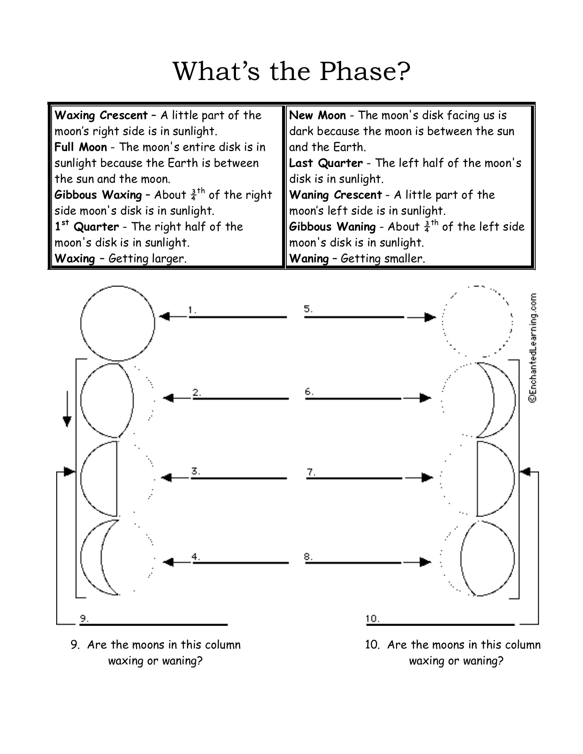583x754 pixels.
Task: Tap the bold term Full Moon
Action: point(80,147)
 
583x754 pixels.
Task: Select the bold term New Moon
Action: point(317,115)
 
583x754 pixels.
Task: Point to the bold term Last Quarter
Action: point(326,163)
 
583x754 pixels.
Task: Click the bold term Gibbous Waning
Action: point(332,227)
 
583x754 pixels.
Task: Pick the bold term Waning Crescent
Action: point(335,195)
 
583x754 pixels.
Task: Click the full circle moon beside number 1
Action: point(117,323)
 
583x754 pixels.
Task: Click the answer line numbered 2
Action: point(241,398)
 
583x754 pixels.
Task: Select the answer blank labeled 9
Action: point(153,625)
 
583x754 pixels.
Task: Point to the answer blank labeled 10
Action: point(440,625)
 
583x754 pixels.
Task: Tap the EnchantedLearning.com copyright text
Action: point(532,348)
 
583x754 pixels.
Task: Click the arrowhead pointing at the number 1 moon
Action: point(164,317)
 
